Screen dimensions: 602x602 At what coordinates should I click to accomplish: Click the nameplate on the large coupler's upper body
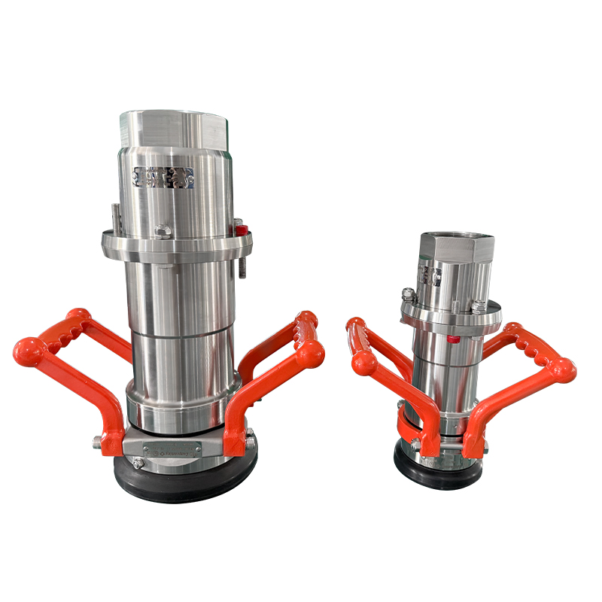(163, 178)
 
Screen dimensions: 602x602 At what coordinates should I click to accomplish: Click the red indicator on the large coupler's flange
(237, 223)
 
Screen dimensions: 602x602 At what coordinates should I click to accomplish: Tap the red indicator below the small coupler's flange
(453, 339)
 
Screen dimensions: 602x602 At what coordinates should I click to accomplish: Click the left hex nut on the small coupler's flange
(407, 293)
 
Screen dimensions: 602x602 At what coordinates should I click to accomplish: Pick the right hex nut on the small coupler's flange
(479, 304)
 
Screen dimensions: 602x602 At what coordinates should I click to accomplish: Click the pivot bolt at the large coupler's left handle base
(99, 442)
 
